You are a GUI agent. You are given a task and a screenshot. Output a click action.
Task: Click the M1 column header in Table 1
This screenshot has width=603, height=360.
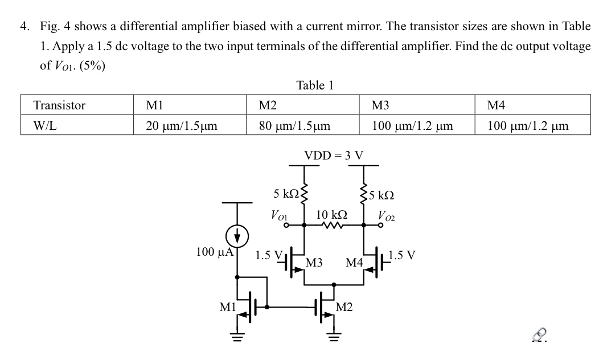coord(154,105)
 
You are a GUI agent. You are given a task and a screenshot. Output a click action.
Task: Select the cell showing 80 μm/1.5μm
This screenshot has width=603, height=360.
coord(294,125)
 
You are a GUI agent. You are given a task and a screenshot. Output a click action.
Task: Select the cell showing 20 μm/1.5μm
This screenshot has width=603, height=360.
coord(182,125)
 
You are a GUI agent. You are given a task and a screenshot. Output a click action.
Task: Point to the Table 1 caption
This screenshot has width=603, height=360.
coord(315,85)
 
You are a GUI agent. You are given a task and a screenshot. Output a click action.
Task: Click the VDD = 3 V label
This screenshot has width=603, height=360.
coord(334,155)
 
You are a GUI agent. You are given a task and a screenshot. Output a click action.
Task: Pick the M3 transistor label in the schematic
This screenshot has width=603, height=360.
coord(314,263)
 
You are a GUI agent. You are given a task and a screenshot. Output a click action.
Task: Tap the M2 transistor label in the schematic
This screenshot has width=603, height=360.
coord(344,308)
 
